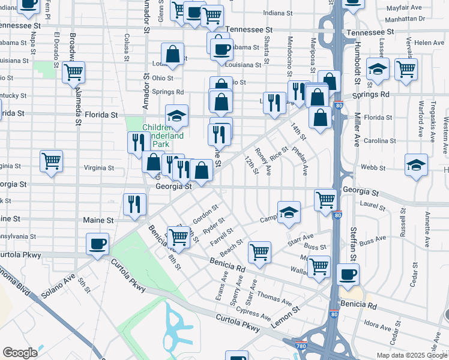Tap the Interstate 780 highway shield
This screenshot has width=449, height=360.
tap(301, 346)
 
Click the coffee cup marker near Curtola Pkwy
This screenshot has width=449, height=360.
tap(97, 244)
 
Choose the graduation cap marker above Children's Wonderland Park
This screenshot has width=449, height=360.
tap(176, 116)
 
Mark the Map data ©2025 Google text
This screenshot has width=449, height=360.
tap(411, 355)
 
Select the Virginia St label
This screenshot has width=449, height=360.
tap(98, 167)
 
